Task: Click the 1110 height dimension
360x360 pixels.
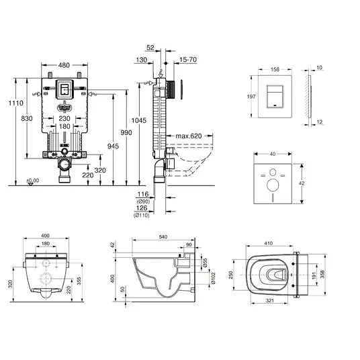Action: click(16, 103)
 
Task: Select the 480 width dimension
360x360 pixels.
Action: click(64, 65)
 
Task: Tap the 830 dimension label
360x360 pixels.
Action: click(27, 118)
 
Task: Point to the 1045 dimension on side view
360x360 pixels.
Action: click(138, 120)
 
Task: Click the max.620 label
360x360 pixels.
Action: click(189, 136)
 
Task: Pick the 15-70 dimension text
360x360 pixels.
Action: click(188, 60)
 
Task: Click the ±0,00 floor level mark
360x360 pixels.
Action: click(33, 181)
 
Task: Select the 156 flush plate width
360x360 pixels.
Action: click(275, 69)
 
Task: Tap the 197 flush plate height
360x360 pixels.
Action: click(251, 97)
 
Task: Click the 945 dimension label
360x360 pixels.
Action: click(113, 146)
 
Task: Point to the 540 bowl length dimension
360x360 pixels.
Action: click(163, 236)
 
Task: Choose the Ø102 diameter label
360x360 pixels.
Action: click(213, 278)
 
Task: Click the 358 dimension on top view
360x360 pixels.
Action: click(322, 274)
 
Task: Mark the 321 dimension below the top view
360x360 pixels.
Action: click(269, 300)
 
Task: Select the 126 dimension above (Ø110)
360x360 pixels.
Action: click(142, 208)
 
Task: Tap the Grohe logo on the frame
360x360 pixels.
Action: click(64, 107)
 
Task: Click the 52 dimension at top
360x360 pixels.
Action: click(150, 48)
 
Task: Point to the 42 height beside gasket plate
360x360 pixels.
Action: click(302, 183)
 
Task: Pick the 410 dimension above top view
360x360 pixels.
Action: click(269, 243)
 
